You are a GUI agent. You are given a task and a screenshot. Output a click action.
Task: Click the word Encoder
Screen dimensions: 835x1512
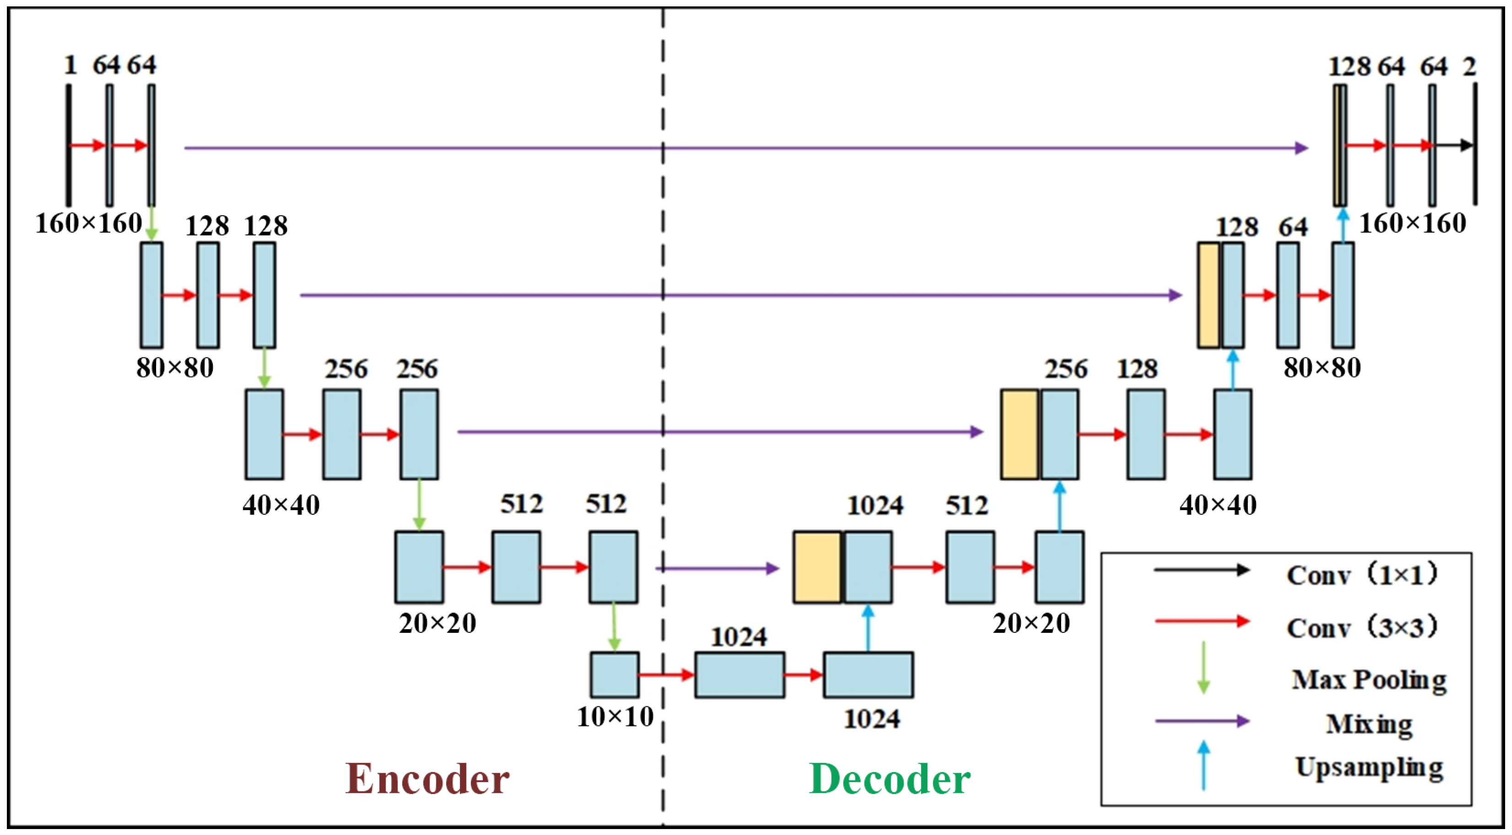tap(427, 779)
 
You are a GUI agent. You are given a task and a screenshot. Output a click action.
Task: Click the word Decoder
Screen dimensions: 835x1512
tap(889, 779)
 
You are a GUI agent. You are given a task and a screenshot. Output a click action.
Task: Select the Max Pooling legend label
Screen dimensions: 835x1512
tap(1368, 680)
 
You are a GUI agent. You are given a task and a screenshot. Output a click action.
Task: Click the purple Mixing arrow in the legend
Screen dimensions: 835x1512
tap(1202, 721)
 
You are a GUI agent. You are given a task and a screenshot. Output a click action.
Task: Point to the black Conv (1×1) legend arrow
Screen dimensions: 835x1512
tap(1202, 570)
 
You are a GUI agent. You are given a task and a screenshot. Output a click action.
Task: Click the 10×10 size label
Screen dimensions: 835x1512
tap(614, 716)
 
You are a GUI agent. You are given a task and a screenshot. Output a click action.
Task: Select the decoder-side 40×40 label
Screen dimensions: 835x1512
tap(1218, 505)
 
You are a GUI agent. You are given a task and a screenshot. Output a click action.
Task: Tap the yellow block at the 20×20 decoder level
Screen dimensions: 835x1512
tap(817, 567)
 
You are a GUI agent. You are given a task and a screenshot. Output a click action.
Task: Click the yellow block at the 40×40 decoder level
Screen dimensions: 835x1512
tap(1019, 434)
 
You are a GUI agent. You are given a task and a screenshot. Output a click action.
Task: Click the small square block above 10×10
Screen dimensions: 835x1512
tap(614, 675)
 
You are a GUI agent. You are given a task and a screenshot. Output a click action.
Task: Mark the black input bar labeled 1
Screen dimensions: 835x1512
tap(69, 145)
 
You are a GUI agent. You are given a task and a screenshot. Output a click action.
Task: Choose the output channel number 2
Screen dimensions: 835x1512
tap(1469, 66)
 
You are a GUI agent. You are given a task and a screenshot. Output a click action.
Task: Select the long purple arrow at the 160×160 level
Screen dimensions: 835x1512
tap(745, 148)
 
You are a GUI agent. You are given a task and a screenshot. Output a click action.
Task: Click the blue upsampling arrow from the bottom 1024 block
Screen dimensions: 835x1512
tap(868, 628)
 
